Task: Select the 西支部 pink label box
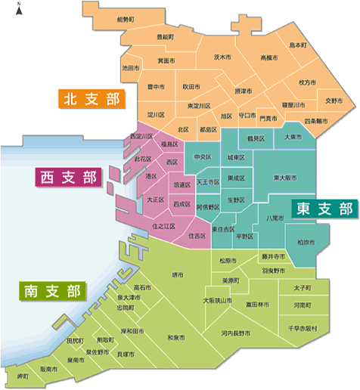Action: (68, 178)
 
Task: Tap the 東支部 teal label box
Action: (324, 209)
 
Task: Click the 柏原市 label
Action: (306, 242)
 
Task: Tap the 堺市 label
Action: (178, 274)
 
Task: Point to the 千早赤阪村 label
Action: (307, 329)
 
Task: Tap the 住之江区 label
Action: (163, 225)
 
